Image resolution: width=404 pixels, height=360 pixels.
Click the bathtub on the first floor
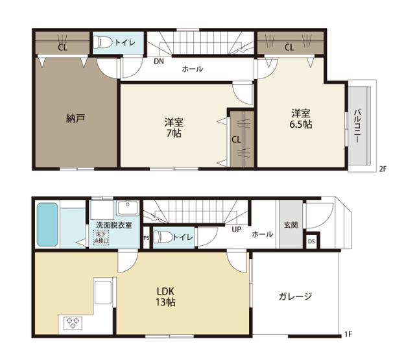point(47,224)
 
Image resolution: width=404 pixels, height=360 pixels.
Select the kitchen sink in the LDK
point(103,293)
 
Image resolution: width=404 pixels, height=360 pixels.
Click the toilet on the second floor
point(102,42)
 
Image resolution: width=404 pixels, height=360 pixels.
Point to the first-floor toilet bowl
point(163,237)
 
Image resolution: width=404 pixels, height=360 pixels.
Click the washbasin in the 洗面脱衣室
point(128,208)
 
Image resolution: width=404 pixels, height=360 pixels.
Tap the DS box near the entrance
point(311,241)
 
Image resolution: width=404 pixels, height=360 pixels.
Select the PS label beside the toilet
point(146,238)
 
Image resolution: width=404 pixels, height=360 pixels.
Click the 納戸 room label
point(75,119)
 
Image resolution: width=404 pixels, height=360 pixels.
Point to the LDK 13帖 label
point(165,296)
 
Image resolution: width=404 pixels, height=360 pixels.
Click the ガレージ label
point(295,296)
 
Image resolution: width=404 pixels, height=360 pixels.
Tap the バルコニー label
point(357,126)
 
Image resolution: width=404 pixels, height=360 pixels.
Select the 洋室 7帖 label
point(174,128)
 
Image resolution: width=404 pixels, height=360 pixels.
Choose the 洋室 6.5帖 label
point(301,119)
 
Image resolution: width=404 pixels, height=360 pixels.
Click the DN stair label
point(159,62)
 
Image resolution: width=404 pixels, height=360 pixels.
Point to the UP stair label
point(236,230)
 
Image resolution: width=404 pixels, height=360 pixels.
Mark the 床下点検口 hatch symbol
point(101,238)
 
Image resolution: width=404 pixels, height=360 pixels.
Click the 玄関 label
point(291,225)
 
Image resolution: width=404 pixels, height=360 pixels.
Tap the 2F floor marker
point(383,169)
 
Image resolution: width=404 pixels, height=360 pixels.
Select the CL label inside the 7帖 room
point(236,139)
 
